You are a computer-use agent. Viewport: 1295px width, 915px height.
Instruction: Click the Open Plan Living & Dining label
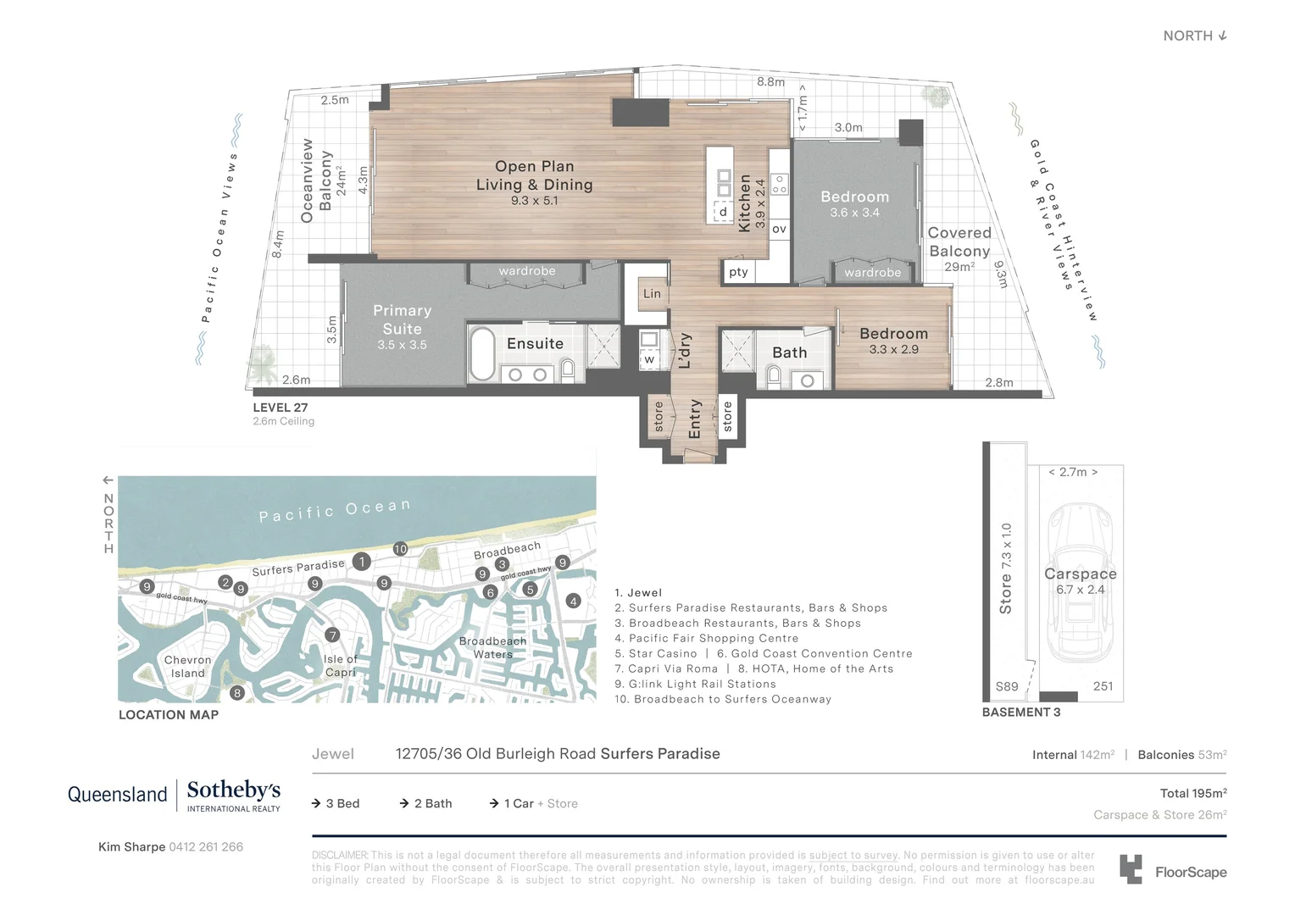click(534, 176)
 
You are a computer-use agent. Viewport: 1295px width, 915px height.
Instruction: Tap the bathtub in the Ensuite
click(482, 354)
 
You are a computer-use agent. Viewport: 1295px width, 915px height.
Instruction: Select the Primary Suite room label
click(402, 320)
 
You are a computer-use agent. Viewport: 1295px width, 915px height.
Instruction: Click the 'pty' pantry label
click(738, 272)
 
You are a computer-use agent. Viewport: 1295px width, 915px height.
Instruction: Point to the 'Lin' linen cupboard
click(652, 294)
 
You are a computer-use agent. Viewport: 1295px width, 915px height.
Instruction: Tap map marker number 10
click(400, 549)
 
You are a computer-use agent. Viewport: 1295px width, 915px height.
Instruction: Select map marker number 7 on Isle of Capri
click(332, 635)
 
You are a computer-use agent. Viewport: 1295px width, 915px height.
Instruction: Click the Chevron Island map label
click(188, 667)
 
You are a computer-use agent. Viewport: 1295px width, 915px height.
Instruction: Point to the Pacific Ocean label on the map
click(335, 511)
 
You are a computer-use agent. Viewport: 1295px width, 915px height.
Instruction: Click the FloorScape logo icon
click(1131, 869)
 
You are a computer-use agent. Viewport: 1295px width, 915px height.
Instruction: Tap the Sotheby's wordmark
click(233, 790)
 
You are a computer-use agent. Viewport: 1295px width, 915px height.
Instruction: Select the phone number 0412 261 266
click(206, 846)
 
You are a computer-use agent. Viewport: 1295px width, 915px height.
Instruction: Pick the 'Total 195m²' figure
click(1192, 793)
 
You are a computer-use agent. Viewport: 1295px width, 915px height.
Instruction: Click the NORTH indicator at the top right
click(1194, 36)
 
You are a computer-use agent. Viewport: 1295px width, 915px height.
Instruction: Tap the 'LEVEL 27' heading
click(281, 408)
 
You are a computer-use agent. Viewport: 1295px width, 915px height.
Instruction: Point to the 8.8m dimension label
click(770, 82)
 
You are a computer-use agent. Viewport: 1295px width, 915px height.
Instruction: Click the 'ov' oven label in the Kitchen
click(779, 229)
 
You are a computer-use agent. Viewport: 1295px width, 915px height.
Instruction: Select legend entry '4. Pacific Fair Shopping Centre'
click(707, 638)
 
